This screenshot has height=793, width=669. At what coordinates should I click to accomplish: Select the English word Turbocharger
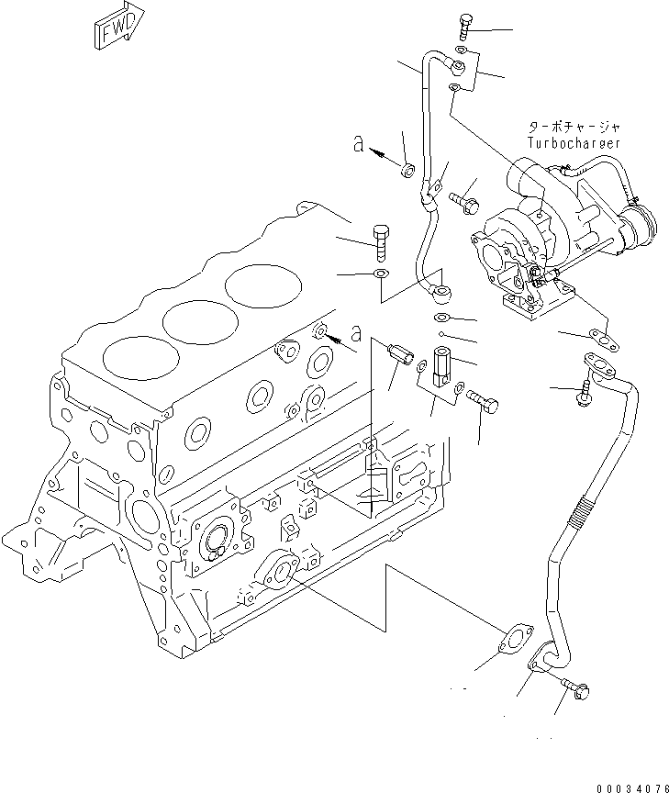[574, 143]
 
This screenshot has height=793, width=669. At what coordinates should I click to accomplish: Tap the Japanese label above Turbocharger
[574, 128]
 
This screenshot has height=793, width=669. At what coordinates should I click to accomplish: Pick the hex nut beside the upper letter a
[407, 169]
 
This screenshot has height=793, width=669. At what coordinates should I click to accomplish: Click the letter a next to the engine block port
[355, 334]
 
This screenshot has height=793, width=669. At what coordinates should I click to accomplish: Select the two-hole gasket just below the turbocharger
[603, 338]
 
